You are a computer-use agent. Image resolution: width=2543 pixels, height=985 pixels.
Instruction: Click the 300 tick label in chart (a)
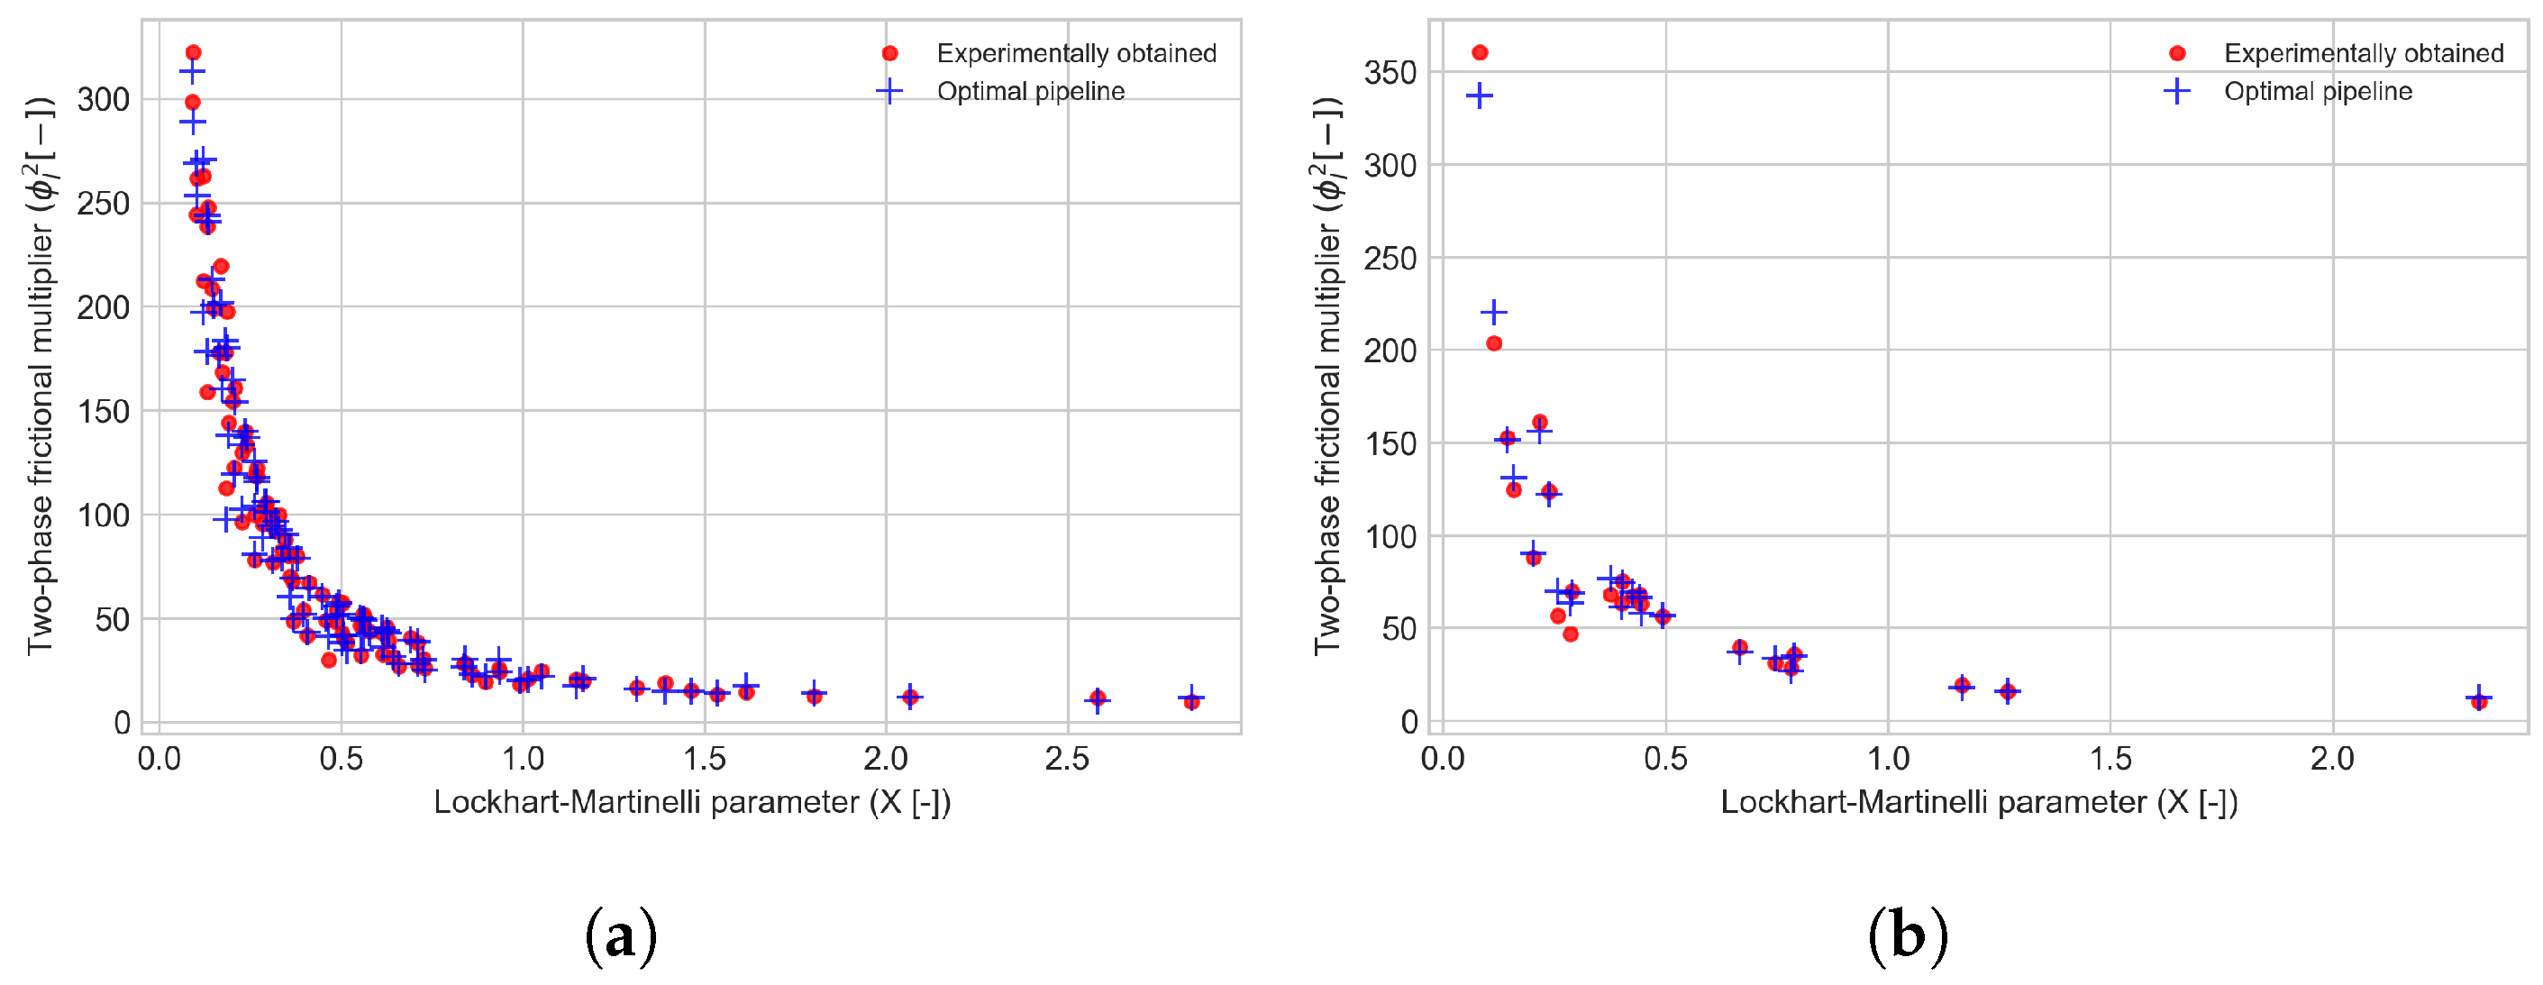103,100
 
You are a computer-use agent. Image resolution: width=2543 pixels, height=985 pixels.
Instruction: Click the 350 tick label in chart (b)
1389,72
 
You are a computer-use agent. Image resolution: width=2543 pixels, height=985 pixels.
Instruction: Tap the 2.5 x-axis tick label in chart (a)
1066,758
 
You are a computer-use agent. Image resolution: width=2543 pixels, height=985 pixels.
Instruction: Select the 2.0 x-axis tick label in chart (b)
2332,758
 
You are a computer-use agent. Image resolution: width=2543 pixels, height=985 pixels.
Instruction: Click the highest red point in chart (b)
1479,52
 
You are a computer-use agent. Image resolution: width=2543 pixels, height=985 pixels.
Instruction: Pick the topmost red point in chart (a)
194,52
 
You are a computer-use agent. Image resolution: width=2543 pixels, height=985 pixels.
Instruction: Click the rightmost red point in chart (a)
1191,701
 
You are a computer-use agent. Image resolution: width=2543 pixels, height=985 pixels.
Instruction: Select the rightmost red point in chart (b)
2478,701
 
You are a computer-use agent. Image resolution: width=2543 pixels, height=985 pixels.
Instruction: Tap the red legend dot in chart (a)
889,53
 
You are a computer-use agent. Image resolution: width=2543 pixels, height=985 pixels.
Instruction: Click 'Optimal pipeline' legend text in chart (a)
1030,92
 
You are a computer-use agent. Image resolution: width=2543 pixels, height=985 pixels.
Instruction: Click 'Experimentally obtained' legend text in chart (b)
2364,53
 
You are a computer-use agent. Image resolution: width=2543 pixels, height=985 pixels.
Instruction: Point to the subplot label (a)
620,935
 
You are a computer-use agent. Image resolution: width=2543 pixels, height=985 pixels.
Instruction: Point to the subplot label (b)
1907,935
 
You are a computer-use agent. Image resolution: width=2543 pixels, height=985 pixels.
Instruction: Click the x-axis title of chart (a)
691,802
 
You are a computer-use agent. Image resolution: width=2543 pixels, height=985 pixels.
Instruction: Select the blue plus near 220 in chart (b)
1493,313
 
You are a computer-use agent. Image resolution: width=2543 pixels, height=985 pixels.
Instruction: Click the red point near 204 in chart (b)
1493,343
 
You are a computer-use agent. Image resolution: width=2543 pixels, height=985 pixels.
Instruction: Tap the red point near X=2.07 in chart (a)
910,697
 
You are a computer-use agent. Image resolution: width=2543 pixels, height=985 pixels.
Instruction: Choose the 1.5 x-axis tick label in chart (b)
2110,758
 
